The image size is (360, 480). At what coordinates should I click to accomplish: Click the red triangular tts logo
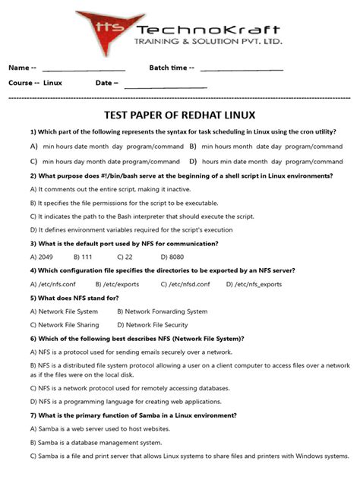click(x=104, y=29)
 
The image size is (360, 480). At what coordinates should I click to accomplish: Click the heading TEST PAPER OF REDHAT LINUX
click(x=180, y=115)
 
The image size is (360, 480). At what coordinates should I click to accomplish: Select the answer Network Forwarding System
click(x=162, y=311)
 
